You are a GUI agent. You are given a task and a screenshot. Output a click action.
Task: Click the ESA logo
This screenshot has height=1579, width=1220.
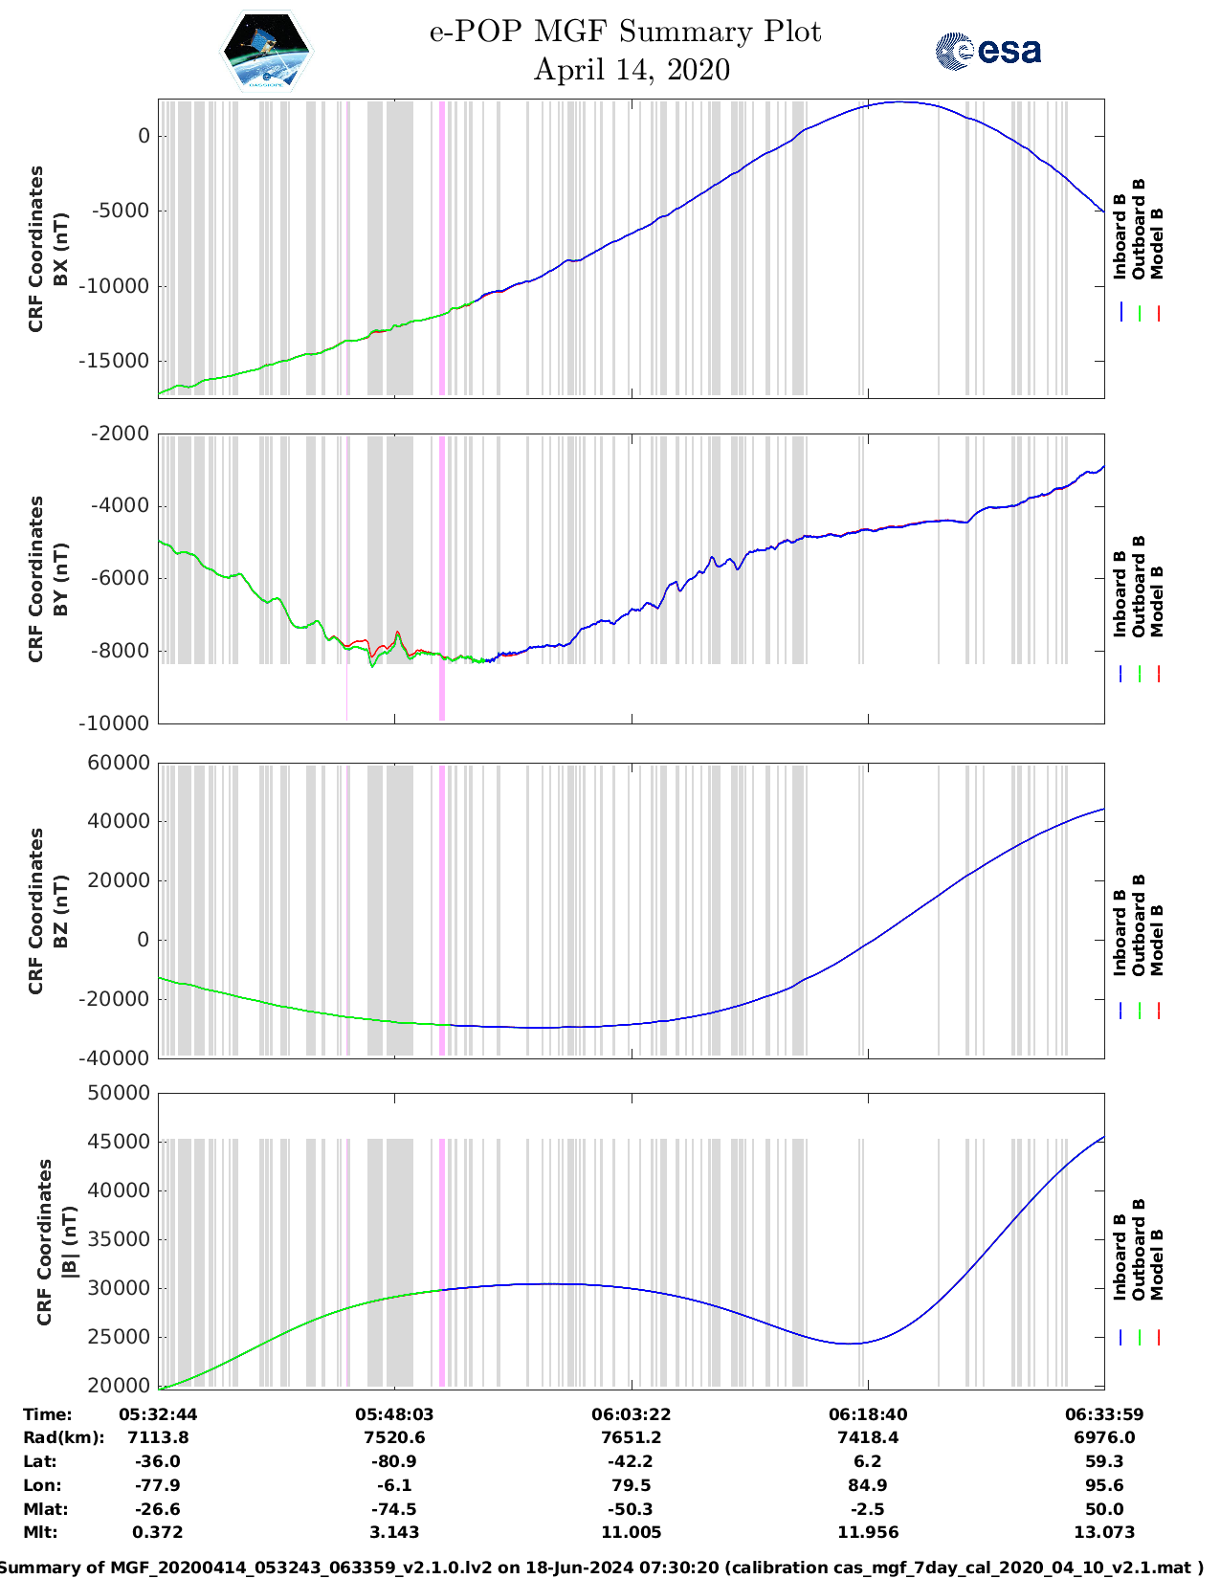987,51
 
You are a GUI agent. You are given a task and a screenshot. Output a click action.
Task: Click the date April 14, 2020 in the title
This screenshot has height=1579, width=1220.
632,70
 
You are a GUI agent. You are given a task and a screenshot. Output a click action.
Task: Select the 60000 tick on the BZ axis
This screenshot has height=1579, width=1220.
119,763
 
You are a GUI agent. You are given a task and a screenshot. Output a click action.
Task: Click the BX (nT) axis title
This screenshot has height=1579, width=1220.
61,249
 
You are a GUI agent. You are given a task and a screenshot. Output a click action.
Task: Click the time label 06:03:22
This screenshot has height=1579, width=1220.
631,1414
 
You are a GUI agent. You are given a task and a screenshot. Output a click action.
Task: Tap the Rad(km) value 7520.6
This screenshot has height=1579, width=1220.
394,1437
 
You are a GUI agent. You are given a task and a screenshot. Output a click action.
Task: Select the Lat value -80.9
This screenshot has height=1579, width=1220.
394,1461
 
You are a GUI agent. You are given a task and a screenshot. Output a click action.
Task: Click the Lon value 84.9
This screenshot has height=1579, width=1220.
868,1485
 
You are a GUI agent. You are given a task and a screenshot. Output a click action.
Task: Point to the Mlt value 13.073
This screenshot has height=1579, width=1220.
1104,1532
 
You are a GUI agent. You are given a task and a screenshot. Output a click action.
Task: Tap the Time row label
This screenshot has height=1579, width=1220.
48,1414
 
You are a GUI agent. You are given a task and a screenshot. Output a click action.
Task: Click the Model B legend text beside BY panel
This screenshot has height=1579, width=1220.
1157,601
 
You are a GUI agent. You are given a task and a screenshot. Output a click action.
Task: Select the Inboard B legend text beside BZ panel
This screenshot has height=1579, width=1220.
1120,932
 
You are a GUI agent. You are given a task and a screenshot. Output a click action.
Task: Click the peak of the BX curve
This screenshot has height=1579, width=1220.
898,101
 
